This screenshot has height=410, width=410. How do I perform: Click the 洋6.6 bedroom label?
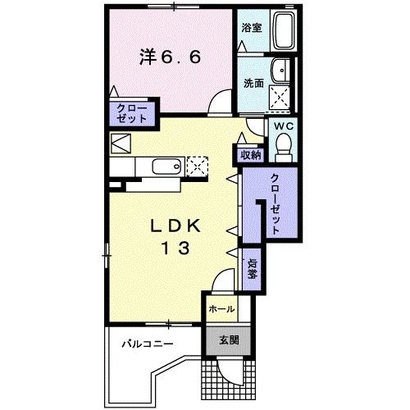170,57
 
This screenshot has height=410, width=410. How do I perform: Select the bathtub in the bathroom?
284,31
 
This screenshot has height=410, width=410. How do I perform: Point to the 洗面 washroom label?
253,83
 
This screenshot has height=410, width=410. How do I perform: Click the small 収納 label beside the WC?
250,154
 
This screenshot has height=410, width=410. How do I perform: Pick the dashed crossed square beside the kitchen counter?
198,167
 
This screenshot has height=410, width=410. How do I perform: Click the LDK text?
175,225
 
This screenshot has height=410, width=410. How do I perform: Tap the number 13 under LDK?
175,249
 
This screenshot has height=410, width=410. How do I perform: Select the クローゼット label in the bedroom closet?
130,113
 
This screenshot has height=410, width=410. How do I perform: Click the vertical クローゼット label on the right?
274,204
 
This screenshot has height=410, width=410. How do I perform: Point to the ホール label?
221,309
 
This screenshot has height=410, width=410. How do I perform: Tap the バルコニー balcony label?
148,344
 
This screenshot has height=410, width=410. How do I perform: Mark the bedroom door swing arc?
221,103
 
